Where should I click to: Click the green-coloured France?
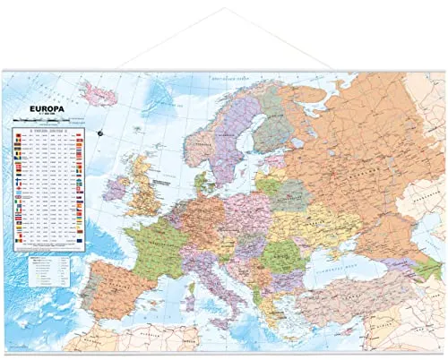point(153,246)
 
